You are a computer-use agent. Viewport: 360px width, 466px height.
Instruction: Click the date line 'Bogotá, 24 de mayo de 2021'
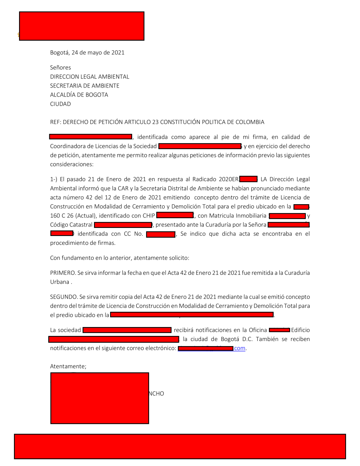pos(87,53)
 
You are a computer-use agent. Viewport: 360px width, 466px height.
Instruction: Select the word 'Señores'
pos(60,68)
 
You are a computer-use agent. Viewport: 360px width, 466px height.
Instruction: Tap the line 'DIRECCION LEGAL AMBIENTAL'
pos(90,77)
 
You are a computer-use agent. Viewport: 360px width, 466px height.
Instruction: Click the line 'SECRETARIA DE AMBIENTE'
pos(85,86)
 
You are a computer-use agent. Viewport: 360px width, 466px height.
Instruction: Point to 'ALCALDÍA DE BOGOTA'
pos(79,95)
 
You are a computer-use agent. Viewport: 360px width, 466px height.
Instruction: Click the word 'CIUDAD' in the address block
pos(60,104)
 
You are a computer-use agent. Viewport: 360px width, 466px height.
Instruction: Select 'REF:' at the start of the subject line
pos(56,122)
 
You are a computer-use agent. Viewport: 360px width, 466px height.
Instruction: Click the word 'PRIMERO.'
pos(63,273)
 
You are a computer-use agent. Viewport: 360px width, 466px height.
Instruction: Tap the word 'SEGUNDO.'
pos(64,297)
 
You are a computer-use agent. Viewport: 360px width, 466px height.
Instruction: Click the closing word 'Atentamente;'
pos(68,367)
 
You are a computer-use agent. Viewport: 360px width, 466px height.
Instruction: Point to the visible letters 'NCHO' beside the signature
pos(157,394)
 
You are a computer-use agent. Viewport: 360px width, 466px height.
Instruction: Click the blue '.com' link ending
pos(240,349)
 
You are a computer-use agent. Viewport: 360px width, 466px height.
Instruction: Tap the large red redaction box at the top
pos(82,26)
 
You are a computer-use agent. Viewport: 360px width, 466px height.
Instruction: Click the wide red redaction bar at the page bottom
pos(180,447)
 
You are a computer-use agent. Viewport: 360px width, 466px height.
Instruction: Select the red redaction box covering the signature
pos(100,398)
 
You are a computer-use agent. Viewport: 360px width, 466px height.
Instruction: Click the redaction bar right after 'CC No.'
pos(161,234)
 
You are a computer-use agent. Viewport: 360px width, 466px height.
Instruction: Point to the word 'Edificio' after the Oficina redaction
pos(301,330)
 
